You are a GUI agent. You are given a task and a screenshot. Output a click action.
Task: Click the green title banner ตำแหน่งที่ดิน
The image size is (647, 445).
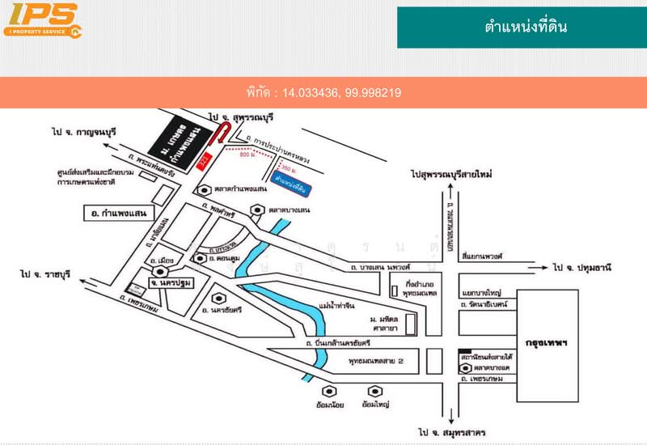point(522,27)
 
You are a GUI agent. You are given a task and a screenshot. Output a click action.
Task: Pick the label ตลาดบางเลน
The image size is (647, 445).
point(291,210)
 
